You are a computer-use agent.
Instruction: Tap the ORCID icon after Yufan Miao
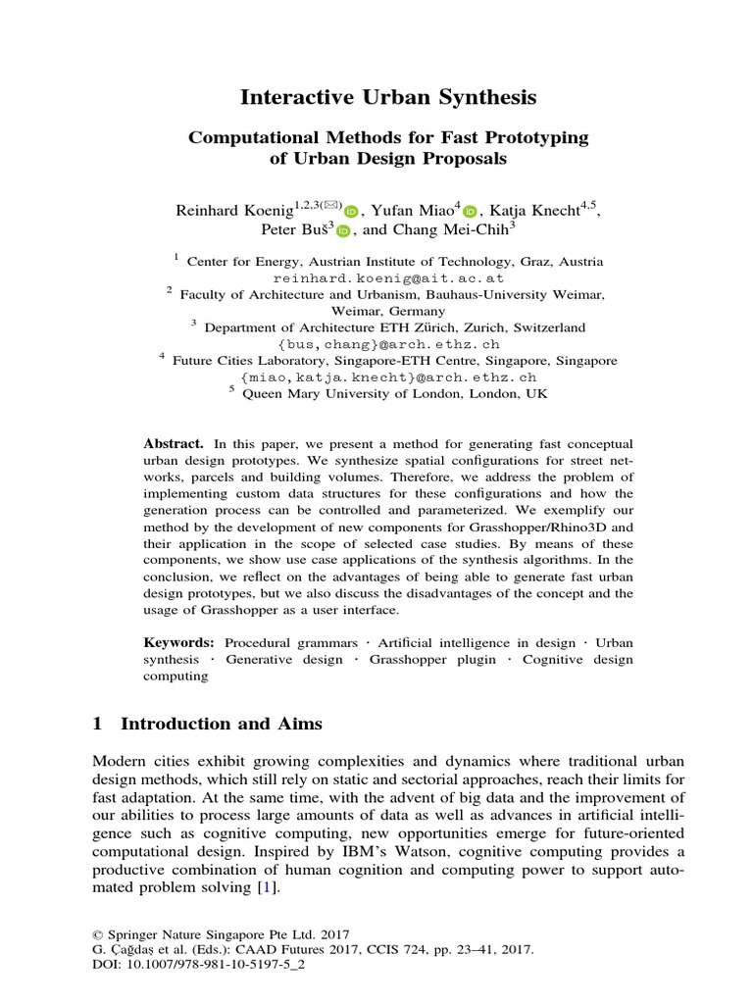point(469,211)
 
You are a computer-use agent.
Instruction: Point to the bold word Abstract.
point(173,443)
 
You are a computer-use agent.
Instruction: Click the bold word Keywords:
point(178,642)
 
